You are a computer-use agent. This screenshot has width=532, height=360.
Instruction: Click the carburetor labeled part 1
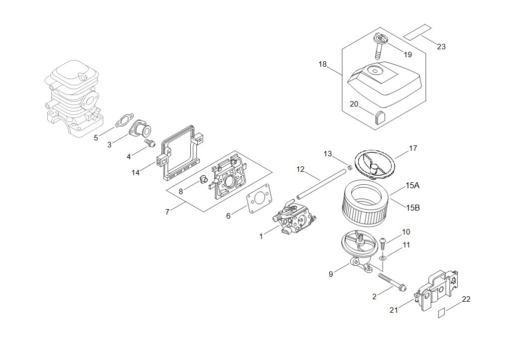(x=294, y=218)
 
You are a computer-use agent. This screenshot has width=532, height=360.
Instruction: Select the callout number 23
(x=441, y=47)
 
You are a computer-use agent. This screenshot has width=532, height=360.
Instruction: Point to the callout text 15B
(x=413, y=208)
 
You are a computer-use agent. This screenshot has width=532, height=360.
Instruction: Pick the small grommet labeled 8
(x=203, y=179)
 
